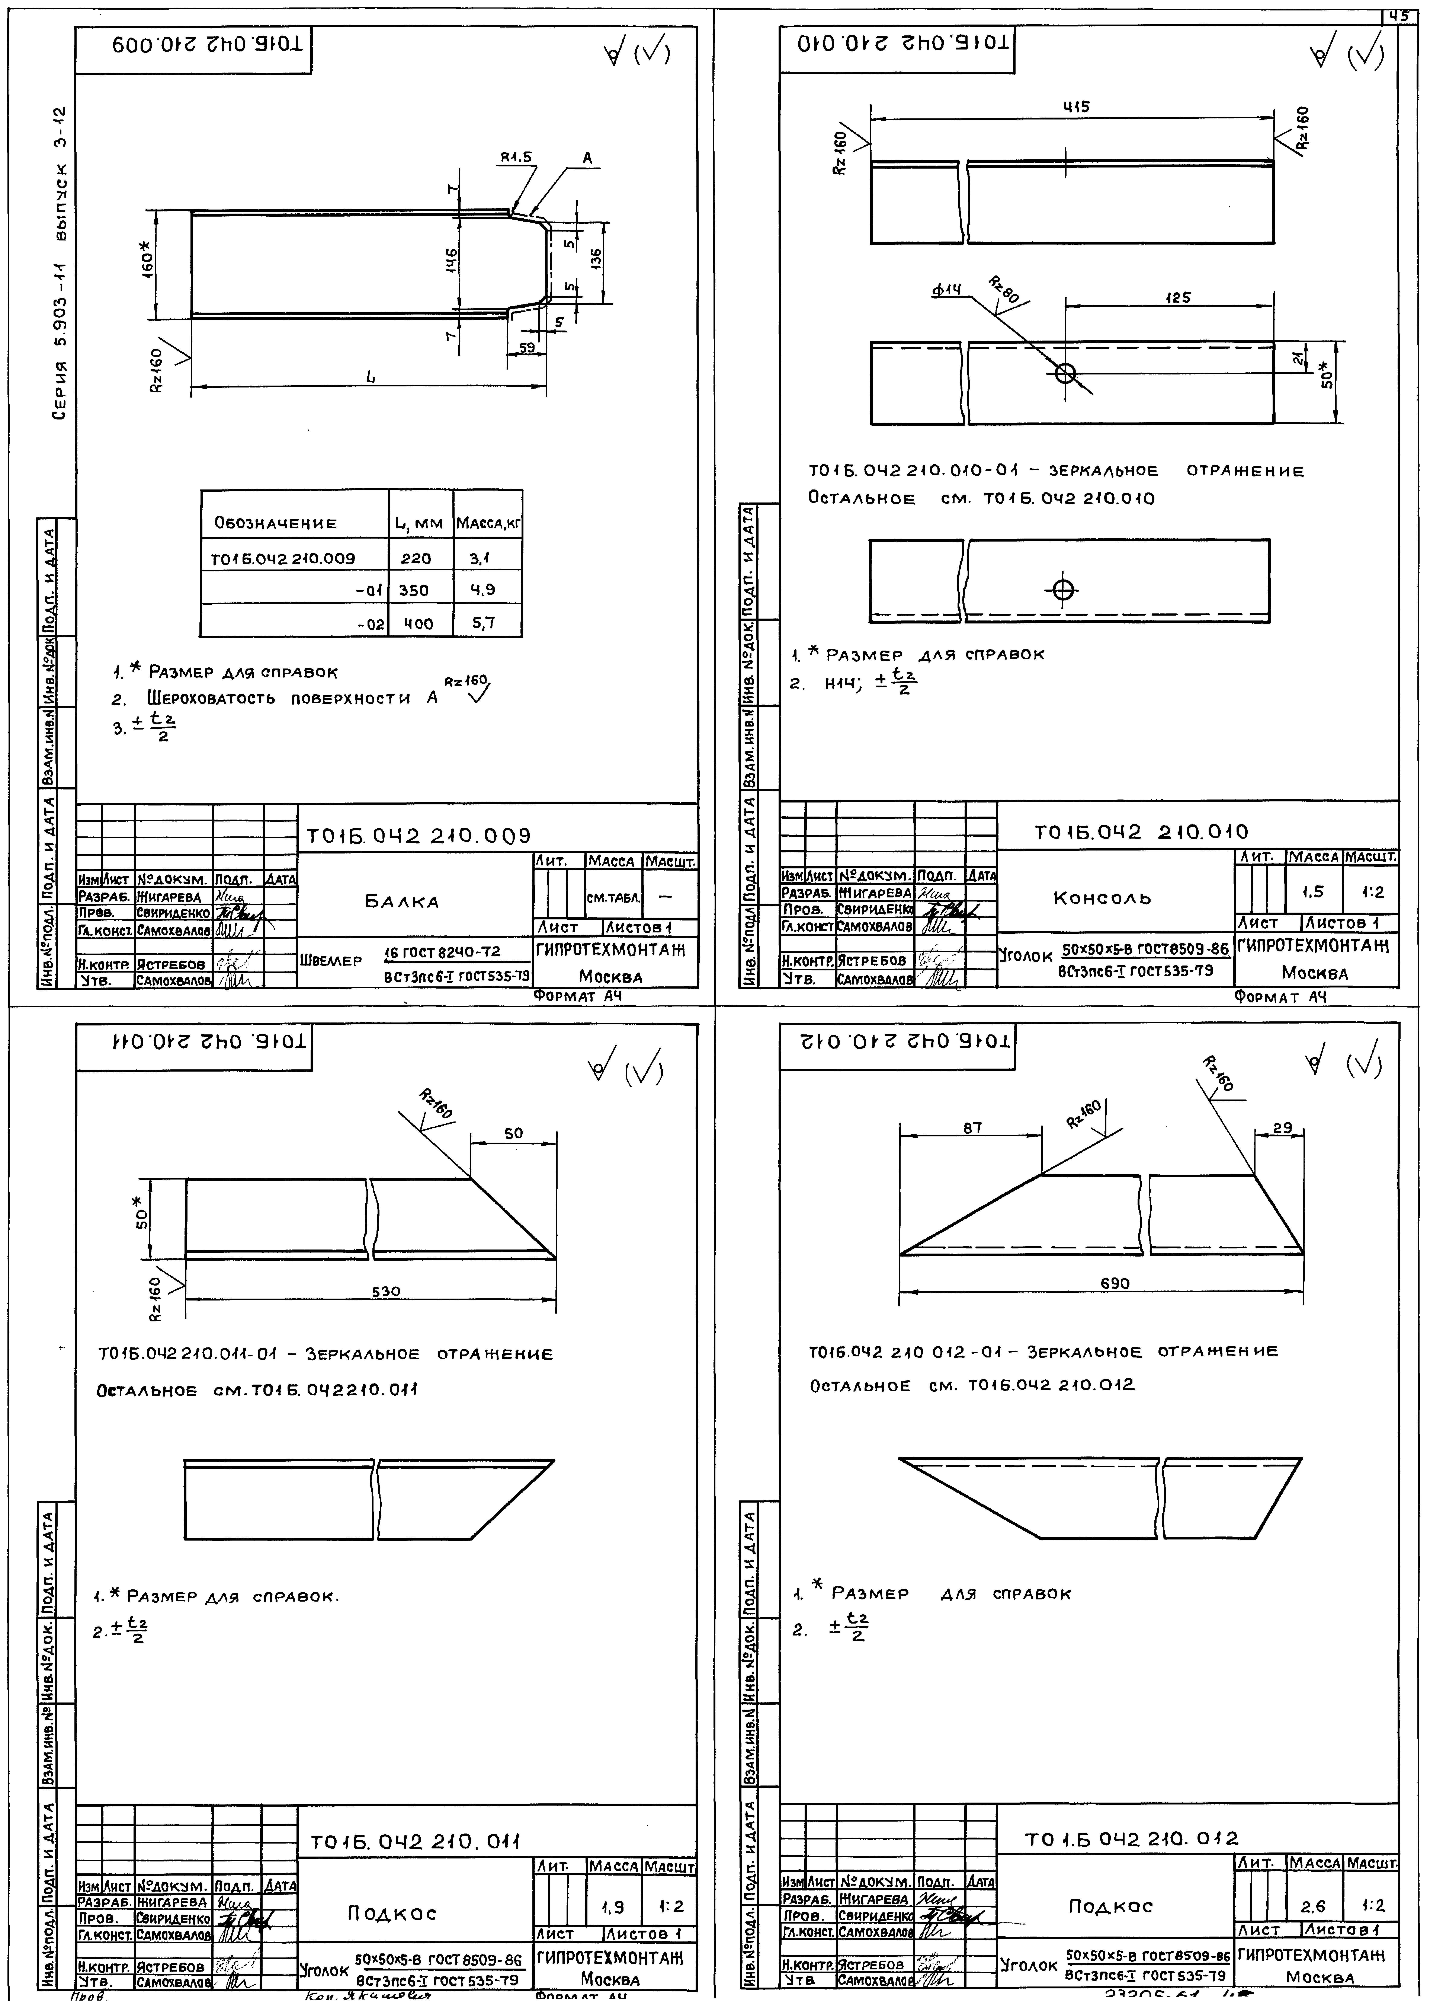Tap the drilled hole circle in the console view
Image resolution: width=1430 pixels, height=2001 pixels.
(1065, 373)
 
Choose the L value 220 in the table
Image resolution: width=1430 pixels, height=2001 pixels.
(416, 558)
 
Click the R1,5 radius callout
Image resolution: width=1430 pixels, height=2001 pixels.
(517, 158)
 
